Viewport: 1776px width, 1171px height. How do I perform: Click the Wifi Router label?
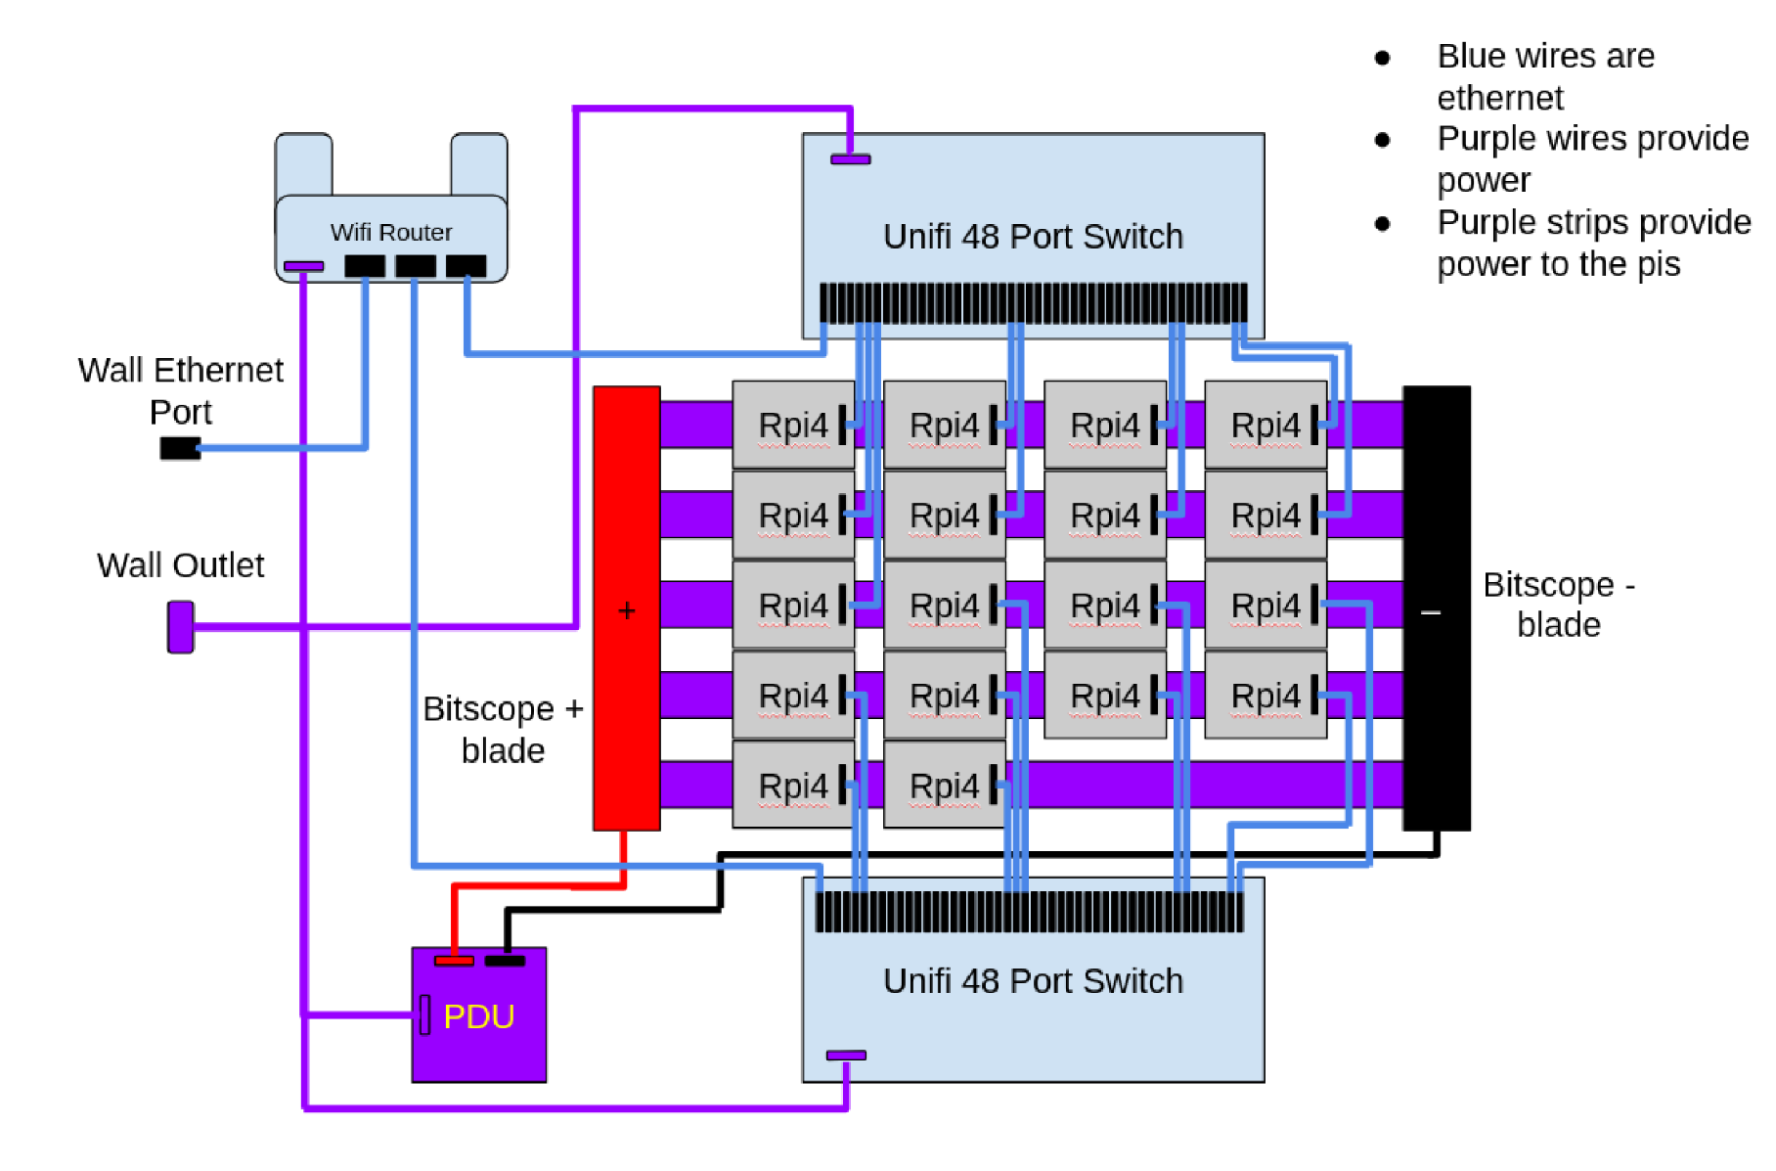coord(391,232)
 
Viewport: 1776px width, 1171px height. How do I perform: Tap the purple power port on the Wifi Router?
coord(303,266)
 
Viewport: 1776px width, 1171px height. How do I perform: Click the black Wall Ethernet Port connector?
coord(180,448)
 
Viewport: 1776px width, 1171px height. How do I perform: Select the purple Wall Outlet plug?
coord(181,626)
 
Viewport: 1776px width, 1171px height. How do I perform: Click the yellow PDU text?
coord(478,1016)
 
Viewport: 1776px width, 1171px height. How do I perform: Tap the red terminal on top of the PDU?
coord(454,961)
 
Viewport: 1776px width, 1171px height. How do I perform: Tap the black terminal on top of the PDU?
coord(505,961)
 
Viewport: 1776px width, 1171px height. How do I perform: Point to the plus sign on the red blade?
coord(627,611)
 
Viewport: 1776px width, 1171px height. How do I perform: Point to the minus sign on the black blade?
coord(1431,612)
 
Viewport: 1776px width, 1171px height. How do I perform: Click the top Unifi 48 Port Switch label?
coord(1033,237)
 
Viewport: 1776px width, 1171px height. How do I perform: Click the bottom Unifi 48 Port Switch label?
coord(1033,981)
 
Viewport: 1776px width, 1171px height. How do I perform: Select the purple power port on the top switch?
coord(850,158)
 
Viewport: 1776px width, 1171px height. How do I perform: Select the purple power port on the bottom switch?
coord(846,1055)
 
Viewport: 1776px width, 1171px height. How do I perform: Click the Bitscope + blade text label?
coord(503,729)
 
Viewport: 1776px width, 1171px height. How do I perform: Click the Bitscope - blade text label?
coord(1558,605)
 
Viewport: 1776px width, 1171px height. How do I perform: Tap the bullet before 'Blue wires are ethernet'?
coord(1382,58)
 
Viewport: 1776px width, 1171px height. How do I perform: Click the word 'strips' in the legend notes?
coord(1594,223)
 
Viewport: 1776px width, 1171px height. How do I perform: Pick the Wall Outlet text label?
coord(180,565)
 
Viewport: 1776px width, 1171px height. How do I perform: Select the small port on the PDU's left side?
coord(425,1014)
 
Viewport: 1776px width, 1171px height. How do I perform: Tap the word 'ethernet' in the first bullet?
coord(1499,98)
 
